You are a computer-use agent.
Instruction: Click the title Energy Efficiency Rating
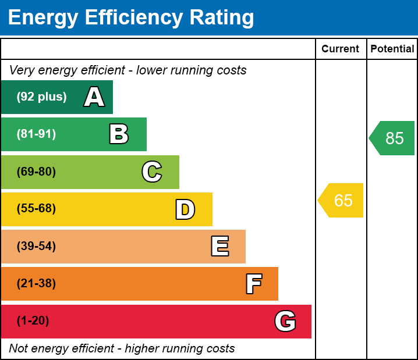click(x=131, y=18)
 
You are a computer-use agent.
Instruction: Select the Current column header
click(x=341, y=49)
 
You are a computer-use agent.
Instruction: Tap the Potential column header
click(x=392, y=49)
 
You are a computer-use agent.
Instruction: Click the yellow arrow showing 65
click(x=342, y=201)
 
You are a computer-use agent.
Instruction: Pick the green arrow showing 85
click(x=393, y=138)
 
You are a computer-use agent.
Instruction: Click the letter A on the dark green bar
click(x=94, y=97)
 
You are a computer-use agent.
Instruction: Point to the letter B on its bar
click(x=119, y=134)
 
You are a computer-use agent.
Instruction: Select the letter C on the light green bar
click(x=152, y=172)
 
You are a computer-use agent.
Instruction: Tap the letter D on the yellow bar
click(x=185, y=209)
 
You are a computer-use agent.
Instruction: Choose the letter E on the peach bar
click(x=219, y=247)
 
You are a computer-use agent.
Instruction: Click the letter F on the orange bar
click(x=253, y=284)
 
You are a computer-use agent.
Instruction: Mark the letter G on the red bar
click(x=285, y=321)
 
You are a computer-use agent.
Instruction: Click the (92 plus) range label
click(x=41, y=97)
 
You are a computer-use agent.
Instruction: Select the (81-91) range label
click(x=36, y=134)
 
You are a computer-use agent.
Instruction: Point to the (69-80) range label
click(x=36, y=172)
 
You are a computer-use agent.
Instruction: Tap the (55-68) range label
click(x=36, y=209)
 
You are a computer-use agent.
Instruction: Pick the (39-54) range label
click(x=36, y=247)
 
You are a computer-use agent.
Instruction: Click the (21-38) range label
click(x=36, y=284)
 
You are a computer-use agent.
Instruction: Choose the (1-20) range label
click(x=33, y=321)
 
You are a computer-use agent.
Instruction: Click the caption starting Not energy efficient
click(x=122, y=349)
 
